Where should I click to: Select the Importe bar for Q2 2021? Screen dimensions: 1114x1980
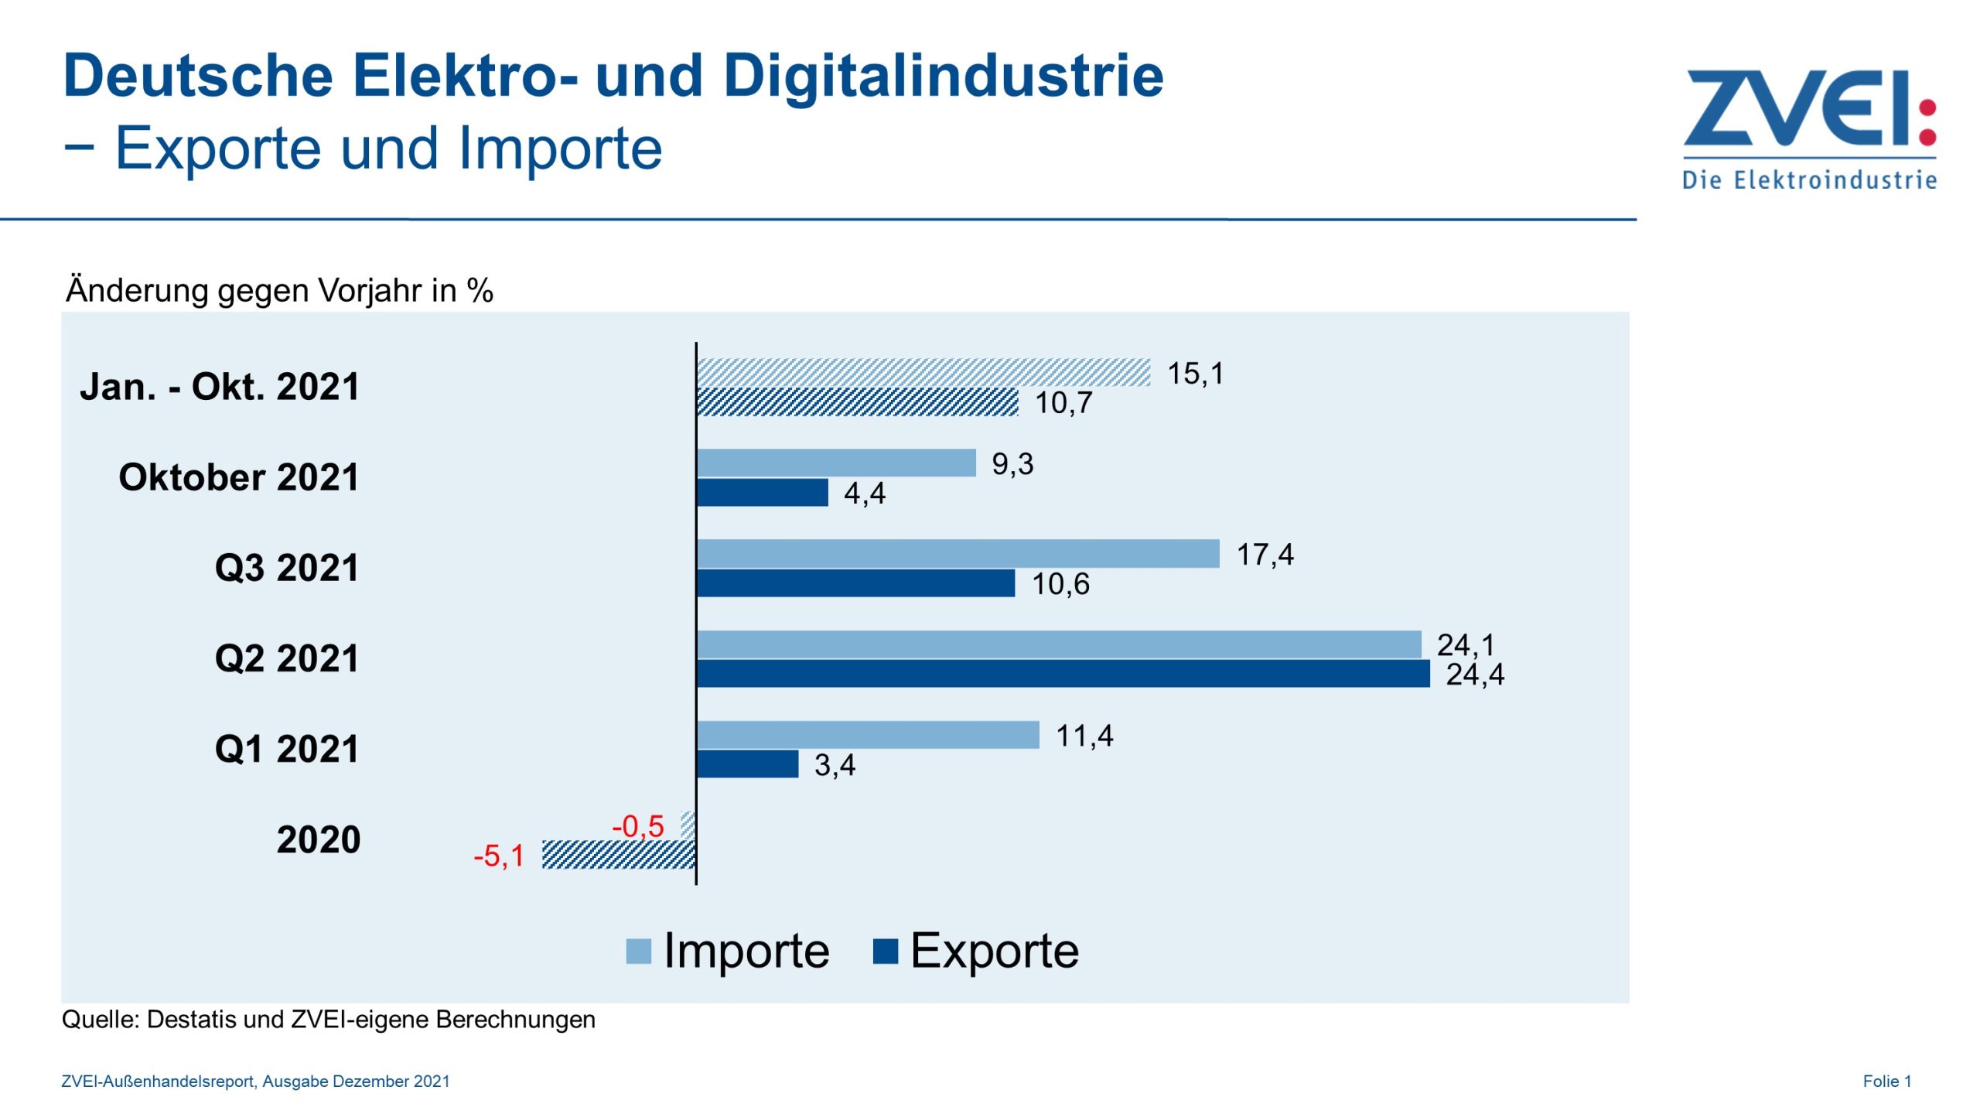tap(1058, 644)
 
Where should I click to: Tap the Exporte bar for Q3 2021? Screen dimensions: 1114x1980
tap(855, 583)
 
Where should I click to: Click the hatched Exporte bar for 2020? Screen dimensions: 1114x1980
tap(619, 855)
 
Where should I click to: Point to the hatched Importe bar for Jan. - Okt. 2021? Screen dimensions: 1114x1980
tap(923, 372)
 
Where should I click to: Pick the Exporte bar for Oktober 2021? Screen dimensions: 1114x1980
tap(763, 493)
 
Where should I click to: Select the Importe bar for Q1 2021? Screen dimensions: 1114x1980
tap(868, 734)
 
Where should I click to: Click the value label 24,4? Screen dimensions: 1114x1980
tap(1474, 675)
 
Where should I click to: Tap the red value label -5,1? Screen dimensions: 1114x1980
tap(499, 856)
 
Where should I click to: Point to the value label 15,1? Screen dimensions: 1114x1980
tap(1195, 374)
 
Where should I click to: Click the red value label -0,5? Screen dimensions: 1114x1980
tap(638, 825)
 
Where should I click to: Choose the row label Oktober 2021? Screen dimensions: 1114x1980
tap(239, 477)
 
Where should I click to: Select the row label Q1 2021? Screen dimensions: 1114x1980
tap(287, 749)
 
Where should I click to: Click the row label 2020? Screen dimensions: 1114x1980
tap(319, 839)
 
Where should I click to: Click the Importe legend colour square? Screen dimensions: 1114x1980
tap(638, 951)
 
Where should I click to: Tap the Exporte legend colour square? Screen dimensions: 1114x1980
tap(885, 951)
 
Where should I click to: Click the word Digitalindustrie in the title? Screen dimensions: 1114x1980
tap(943, 76)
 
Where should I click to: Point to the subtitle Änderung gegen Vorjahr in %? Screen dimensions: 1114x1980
tap(279, 290)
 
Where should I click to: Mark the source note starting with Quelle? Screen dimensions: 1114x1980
tap(328, 1019)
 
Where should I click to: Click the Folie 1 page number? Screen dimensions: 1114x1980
tap(1886, 1081)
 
